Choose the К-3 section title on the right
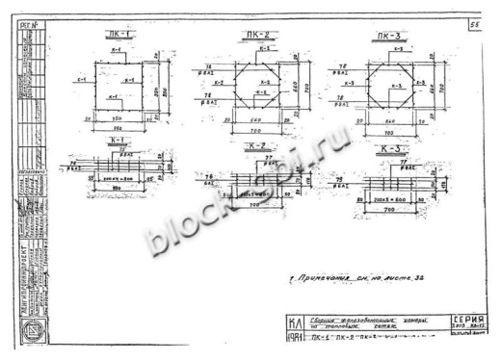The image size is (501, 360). tap(389, 149)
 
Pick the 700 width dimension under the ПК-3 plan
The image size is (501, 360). tap(386, 131)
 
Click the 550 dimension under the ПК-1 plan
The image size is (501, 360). tap(121, 125)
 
